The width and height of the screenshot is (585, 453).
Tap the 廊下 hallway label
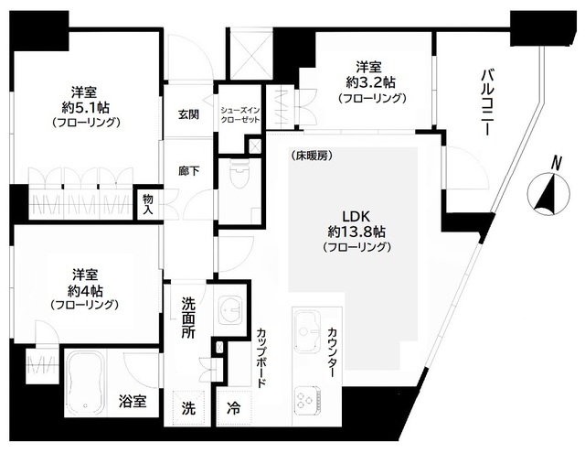(189, 171)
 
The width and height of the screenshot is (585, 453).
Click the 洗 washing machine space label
(187, 407)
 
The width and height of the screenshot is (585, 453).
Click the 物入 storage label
(146, 204)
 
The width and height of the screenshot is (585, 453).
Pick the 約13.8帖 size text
(355, 232)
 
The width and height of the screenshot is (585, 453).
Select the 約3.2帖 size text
(368, 82)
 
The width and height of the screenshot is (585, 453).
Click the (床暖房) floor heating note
(313, 156)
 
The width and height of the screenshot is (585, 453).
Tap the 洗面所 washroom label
(187, 317)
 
